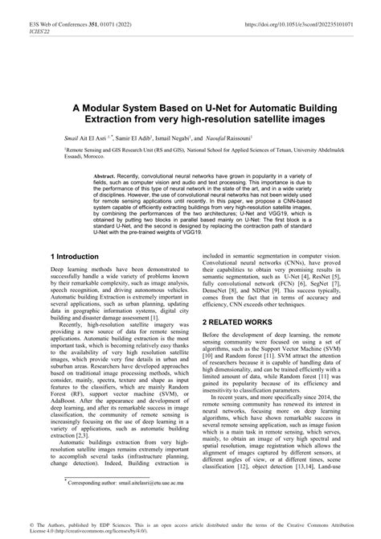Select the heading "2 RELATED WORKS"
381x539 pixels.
(x=238, y=321)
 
